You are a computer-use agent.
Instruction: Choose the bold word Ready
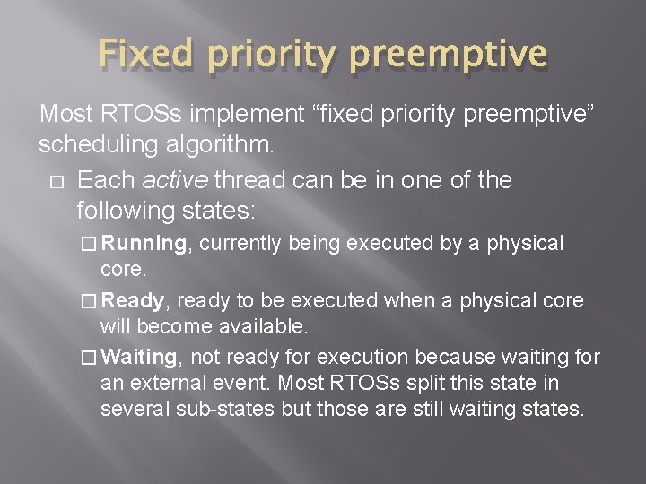132,300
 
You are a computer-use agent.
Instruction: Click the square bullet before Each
57,182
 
